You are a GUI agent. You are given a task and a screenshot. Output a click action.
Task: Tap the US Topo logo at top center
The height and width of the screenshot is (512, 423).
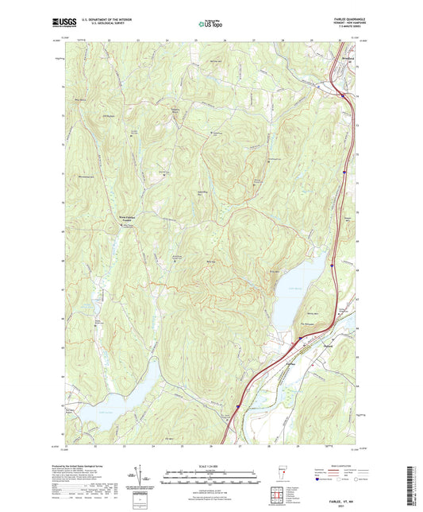coord(210,25)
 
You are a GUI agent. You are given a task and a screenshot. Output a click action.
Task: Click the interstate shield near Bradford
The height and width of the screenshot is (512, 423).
coord(342,95)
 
